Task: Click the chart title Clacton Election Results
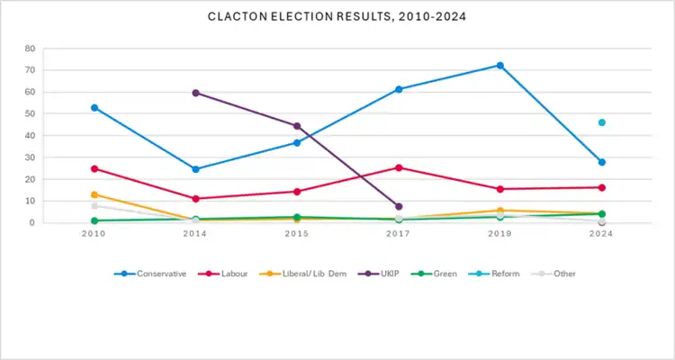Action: pos(337,16)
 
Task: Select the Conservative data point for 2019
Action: pos(499,66)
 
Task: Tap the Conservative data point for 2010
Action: pos(94,108)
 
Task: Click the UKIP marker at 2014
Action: pos(195,93)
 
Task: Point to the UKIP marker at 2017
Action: pos(399,206)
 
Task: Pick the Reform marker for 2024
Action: pos(601,122)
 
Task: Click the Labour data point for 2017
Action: pos(399,167)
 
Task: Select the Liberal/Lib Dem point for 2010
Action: pos(94,194)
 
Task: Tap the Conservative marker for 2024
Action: pos(601,162)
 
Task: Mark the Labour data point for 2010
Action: pos(94,168)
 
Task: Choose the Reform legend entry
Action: pos(498,274)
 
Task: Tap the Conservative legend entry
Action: pos(156,274)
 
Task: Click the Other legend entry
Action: pos(557,274)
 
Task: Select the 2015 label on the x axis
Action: pos(297,233)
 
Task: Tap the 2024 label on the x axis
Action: pos(601,233)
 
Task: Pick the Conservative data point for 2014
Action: pos(195,169)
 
